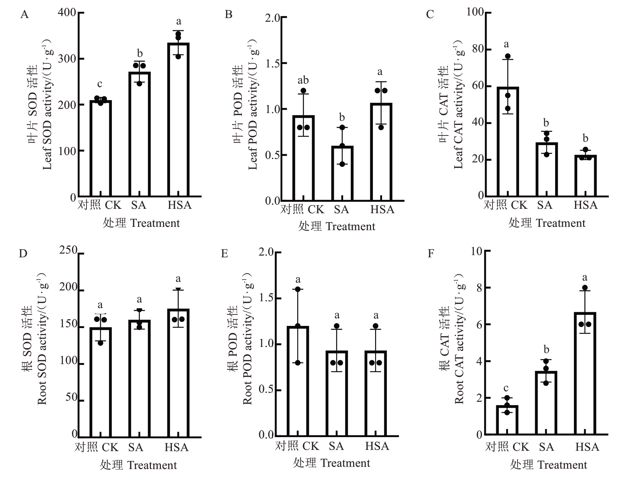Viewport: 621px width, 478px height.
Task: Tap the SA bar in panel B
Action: point(342,173)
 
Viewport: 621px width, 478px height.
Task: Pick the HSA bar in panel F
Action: point(585,373)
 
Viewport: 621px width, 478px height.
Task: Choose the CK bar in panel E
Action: point(298,381)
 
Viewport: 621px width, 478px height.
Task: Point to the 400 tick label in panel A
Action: point(67,13)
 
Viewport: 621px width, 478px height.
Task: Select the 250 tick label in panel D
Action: point(68,250)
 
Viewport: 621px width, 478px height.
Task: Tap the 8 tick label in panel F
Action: point(479,288)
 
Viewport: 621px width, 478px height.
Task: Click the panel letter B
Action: point(229,15)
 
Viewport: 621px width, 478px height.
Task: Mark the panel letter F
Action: point(431,254)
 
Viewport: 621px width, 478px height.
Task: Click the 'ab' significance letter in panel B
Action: point(303,80)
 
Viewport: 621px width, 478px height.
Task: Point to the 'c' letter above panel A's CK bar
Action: point(100,85)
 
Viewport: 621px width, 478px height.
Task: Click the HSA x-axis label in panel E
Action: point(377,446)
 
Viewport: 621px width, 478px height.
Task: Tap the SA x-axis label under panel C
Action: point(545,205)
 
